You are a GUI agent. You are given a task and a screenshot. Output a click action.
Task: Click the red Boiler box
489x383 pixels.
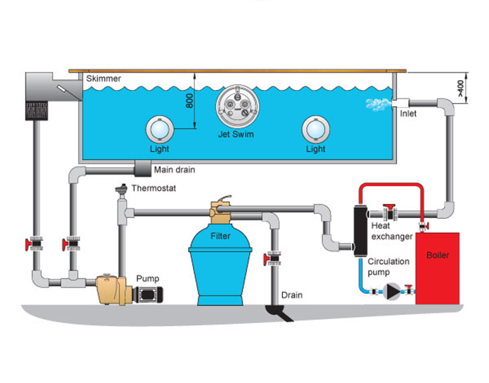[x=437, y=268]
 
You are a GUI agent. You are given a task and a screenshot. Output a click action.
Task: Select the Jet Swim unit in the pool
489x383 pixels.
[x=237, y=106]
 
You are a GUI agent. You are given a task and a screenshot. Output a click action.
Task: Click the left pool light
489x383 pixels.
[x=160, y=130]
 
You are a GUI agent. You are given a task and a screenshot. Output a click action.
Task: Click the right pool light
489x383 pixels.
[x=316, y=130]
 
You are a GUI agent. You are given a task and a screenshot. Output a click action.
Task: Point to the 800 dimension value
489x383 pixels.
[x=189, y=101]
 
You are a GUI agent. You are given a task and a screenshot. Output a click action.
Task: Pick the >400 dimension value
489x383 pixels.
[x=461, y=88]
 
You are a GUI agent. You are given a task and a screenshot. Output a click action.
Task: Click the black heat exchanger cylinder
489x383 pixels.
[x=361, y=231]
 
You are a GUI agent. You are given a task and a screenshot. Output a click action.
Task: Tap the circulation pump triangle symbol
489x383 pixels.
[x=391, y=292]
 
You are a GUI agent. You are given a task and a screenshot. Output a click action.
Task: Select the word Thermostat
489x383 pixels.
[x=154, y=188]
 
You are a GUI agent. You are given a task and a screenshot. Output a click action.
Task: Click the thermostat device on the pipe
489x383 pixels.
[x=121, y=190]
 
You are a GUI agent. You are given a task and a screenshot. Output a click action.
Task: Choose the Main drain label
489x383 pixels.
[x=175, y=170]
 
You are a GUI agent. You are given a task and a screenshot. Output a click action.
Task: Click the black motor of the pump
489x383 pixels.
[x=149, y=294]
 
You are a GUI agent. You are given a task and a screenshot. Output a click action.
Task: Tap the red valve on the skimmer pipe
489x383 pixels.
[x=35, y=244]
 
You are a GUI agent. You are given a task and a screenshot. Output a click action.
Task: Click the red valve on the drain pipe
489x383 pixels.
[x=273, y=259]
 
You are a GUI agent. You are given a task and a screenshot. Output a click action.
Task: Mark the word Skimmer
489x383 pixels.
[x=104, y=78]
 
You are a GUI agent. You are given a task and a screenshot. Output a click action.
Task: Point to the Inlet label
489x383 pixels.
[x=408, y=114]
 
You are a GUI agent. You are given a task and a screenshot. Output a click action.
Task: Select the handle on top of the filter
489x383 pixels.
[x=224, y=199]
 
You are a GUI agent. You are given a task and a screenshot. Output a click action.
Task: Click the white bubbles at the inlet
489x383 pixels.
[x=378, y=104]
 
